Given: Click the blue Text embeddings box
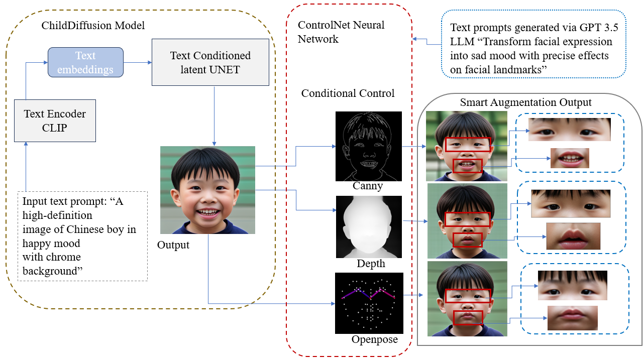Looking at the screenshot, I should pos(85,62).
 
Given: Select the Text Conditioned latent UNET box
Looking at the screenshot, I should pos(210,62).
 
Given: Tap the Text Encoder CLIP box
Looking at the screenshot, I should pos(55,121).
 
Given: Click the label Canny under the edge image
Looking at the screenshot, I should pos(368,186).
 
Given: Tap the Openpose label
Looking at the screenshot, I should pos(374,340).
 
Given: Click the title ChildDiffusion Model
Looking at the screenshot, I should pos(93,25).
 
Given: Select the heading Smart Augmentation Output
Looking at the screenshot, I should pos(525,102).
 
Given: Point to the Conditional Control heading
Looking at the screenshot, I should pos(348,93).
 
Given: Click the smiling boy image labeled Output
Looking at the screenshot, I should pos(207,190).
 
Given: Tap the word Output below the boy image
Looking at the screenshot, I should pos(173,246).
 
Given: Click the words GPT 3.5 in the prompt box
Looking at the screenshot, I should pos(595,28).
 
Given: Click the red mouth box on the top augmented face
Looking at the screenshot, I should pos(467,166).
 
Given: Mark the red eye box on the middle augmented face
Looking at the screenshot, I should pos(467,219).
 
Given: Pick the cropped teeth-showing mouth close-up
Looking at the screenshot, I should pos(570,158).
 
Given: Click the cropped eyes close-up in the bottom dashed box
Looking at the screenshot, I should pos(572,285).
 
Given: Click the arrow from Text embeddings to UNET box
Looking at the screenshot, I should pos(137,62).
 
